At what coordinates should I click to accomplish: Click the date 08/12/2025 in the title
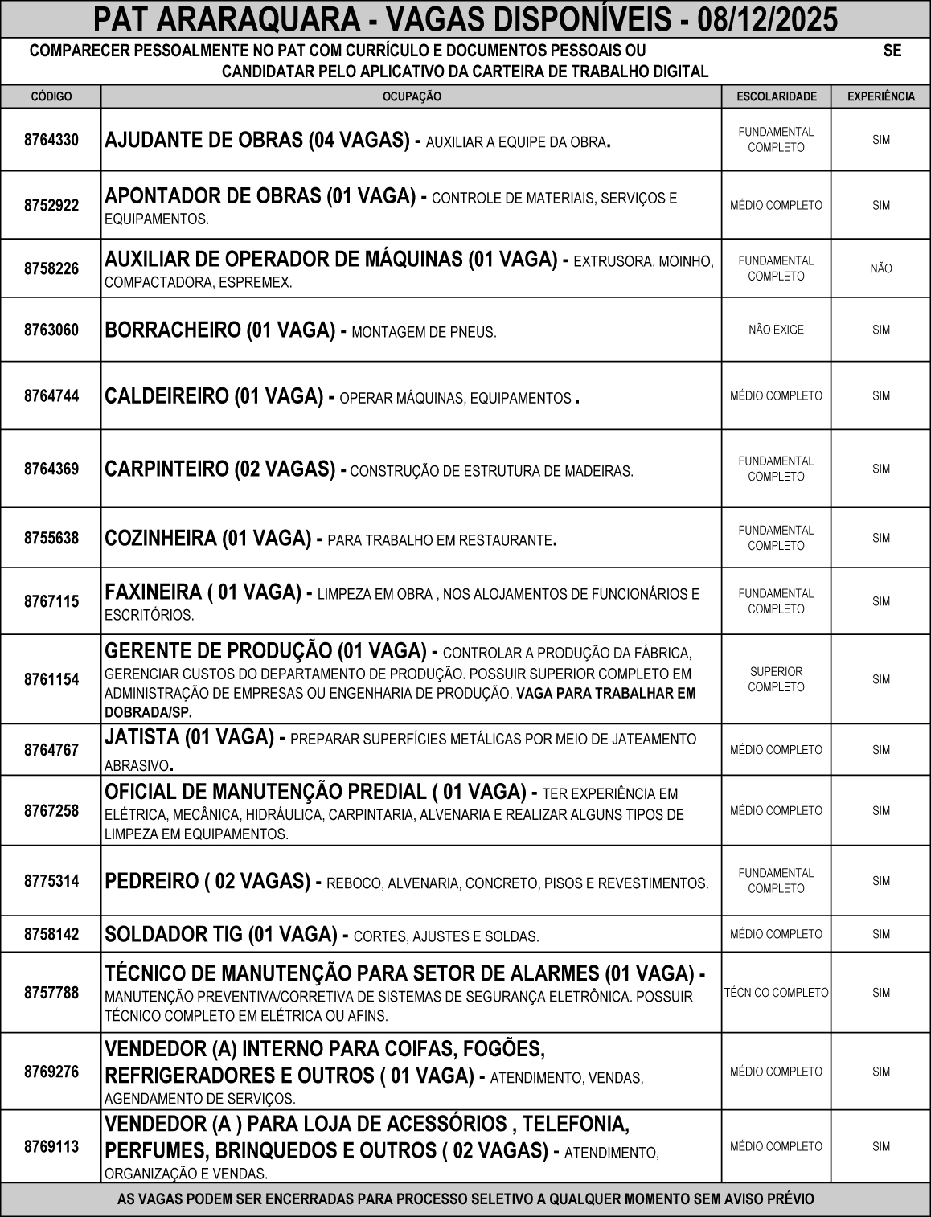click(x=768, y=18)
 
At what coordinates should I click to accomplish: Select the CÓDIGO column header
click(x=51, y=96)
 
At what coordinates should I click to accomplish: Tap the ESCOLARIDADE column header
click(x=776, y=96)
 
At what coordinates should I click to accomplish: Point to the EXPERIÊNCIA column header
click(x=881, y=96)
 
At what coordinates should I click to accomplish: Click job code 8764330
click(x=51, y=140)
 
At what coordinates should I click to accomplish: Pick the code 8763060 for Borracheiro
click(x=51, y=330)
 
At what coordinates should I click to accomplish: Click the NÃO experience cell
click(x=881, y=268)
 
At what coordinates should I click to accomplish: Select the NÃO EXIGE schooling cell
click(x=776, y=330)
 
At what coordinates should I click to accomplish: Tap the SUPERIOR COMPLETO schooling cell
click(x=776, y=679)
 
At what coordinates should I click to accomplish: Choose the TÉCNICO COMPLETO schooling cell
click(x=776, y=993)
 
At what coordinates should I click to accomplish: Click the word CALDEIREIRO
click(x=166, y=396)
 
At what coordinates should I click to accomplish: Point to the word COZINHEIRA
click(x=161, y=538)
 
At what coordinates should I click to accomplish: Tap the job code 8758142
click(x=51, y=934)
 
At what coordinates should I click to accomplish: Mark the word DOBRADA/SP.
click(x=148, y=712)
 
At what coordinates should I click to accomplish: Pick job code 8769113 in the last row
click(x=51, y=1146)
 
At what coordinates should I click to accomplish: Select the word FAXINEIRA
click(x=153, y=592)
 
